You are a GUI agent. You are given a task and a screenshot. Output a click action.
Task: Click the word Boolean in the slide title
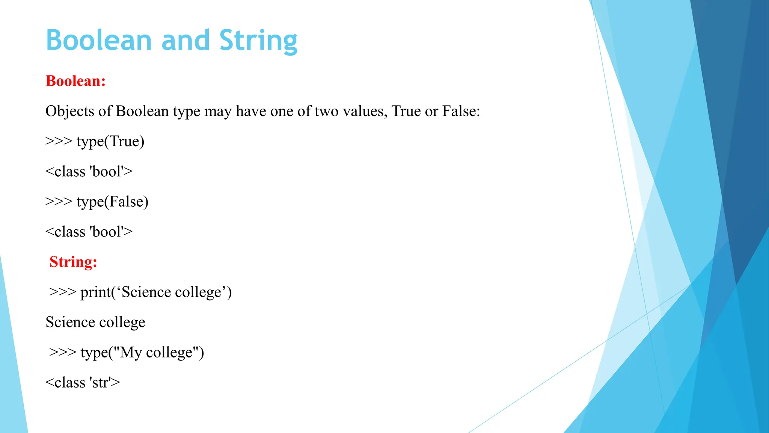99,40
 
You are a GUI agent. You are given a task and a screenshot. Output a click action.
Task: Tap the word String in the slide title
258,40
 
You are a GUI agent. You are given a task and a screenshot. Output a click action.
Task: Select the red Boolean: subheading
75,81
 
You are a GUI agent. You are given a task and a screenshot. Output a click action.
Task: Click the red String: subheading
73,262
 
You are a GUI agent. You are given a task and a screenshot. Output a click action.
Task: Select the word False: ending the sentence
461,111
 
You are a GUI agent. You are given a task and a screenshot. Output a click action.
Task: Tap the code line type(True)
110,141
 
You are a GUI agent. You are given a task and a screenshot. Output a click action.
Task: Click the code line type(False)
112,202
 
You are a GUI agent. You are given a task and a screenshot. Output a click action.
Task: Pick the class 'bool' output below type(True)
89,171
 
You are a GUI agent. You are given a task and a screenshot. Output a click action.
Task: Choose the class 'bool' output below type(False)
89,232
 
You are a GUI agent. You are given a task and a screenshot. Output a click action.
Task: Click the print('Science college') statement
156,292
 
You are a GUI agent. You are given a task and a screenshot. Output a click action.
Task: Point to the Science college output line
95,322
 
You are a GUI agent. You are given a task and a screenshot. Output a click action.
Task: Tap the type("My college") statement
142,353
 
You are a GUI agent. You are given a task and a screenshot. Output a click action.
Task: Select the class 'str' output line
83,383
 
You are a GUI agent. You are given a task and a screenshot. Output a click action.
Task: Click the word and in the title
185,40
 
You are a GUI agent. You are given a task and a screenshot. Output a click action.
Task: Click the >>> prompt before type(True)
59,141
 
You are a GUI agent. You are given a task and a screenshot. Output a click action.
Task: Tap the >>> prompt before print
63,292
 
